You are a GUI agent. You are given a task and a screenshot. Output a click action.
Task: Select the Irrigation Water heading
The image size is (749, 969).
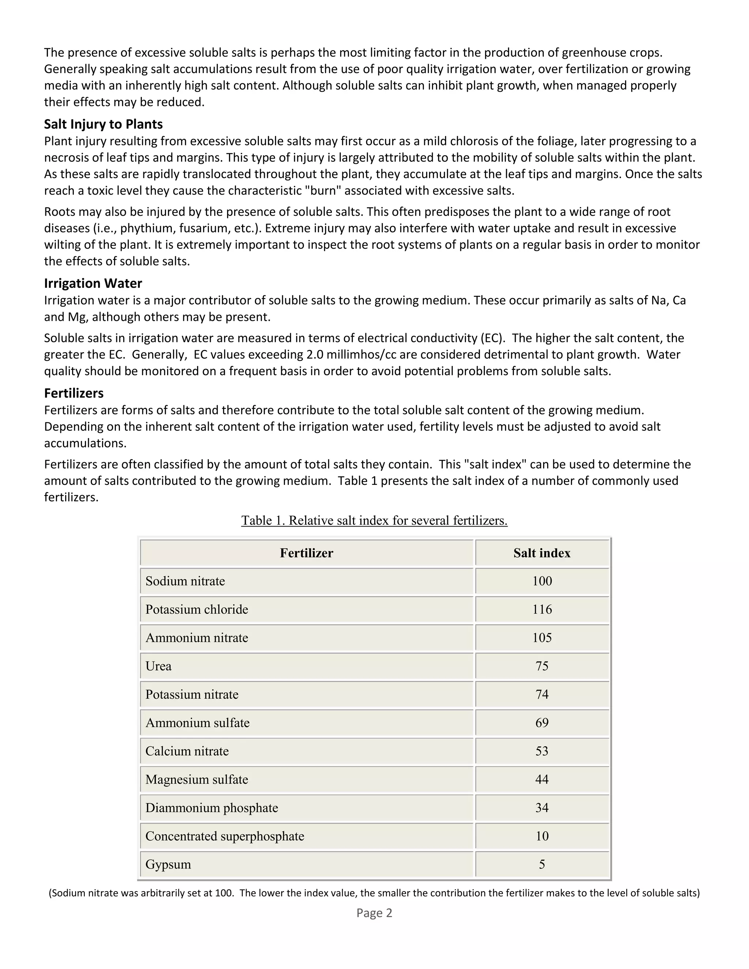tap(93, 283)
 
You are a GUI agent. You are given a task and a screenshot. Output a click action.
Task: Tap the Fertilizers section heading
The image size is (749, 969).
tap(74, 393)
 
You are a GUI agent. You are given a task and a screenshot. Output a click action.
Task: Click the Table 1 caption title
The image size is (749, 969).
tap(374, 520)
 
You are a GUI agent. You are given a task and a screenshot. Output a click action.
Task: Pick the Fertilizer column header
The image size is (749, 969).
tap(306, 553)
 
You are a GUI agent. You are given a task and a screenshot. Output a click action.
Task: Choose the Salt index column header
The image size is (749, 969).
tap(542, 553)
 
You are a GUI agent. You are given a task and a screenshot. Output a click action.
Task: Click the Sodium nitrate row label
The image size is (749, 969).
tap(185, 581)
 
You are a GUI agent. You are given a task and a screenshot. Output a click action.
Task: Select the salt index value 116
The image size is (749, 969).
tap(542, 610)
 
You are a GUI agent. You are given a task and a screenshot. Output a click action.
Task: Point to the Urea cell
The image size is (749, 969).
tap(158, 666)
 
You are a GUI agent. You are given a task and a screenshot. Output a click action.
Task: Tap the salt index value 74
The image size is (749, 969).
tap(542, 694)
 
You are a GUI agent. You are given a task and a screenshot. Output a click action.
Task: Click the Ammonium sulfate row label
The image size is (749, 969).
tap(197, 723)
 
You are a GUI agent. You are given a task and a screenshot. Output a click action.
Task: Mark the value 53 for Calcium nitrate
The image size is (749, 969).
tap(542, 751)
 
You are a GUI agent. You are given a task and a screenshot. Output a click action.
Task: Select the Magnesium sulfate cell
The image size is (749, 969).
tap(196, 780)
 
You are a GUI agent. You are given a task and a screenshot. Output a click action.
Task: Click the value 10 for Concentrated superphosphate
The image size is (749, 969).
tap(542, 836)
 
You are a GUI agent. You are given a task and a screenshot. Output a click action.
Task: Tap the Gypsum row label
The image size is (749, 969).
tap(168, 864)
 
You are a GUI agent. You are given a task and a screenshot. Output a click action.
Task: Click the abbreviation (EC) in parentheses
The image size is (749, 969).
tap(493, 339)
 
